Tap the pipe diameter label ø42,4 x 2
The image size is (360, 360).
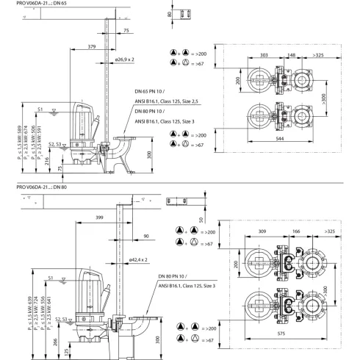tap(139, 259)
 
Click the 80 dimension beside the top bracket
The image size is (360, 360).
tap(168, 14)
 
